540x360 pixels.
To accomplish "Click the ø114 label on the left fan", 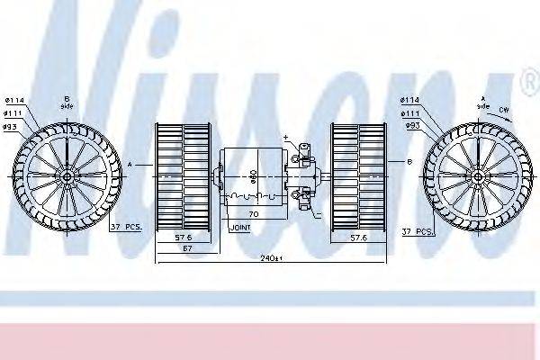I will pyautogui.click(x=14, y=100).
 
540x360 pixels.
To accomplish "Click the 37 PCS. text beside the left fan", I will pyautogui.click(x=126, y=227).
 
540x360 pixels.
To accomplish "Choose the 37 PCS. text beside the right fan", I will pyautogui.click(x=418, y=231).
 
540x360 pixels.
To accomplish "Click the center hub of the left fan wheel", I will pyautogui.click(x=68, y=175).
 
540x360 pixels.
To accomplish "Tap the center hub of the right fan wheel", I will pyautogui.click(x=475, y=175).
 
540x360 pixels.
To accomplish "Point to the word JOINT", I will pyautogui.click(x=240, y=229).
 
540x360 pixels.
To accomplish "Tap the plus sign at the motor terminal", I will pyautogui.click(x=285, y=138).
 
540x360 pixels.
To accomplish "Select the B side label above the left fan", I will pyautogui.click(x=67, y=103).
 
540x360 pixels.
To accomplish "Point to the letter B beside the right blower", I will pyautogui.click(x=409, y=162).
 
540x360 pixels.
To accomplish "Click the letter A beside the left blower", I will pyautogui.click(x=130, y=166).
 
